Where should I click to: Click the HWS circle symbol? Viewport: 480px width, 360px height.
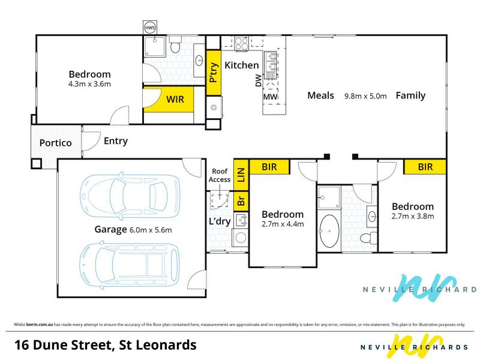pos(150,28)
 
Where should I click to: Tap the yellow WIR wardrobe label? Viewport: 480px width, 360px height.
pos(175,100)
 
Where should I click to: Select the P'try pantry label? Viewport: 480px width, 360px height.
pos(214,73)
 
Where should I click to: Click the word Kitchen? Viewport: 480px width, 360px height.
pos(242,65)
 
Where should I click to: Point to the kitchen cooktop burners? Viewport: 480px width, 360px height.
pos(241,43)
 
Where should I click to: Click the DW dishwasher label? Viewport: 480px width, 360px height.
pos(259,80)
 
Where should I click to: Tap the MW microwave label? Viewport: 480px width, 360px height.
pos(271,97)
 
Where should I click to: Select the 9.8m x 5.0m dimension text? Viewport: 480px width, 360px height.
pos(365,96)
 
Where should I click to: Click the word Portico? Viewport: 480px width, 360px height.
pos(55,143)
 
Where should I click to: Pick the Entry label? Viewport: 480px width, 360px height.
pos(116,141)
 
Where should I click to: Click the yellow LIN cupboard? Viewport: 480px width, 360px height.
pos(241,175)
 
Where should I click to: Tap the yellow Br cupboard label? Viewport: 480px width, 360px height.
pos(241,201)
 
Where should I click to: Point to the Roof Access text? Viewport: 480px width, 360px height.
pos(220,175)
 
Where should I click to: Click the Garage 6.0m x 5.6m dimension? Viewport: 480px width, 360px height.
pos(151,230)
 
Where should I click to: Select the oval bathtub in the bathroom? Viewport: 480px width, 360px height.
pos(329,230)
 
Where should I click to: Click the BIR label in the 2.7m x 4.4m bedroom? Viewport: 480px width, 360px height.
pos(269,167)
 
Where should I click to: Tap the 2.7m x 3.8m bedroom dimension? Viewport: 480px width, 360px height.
pos(413,217)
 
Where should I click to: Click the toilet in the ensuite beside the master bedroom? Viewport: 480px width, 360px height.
pos(175,44)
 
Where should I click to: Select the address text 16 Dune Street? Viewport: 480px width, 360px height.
pos(64,345)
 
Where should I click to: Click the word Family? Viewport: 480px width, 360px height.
pos(410,96)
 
